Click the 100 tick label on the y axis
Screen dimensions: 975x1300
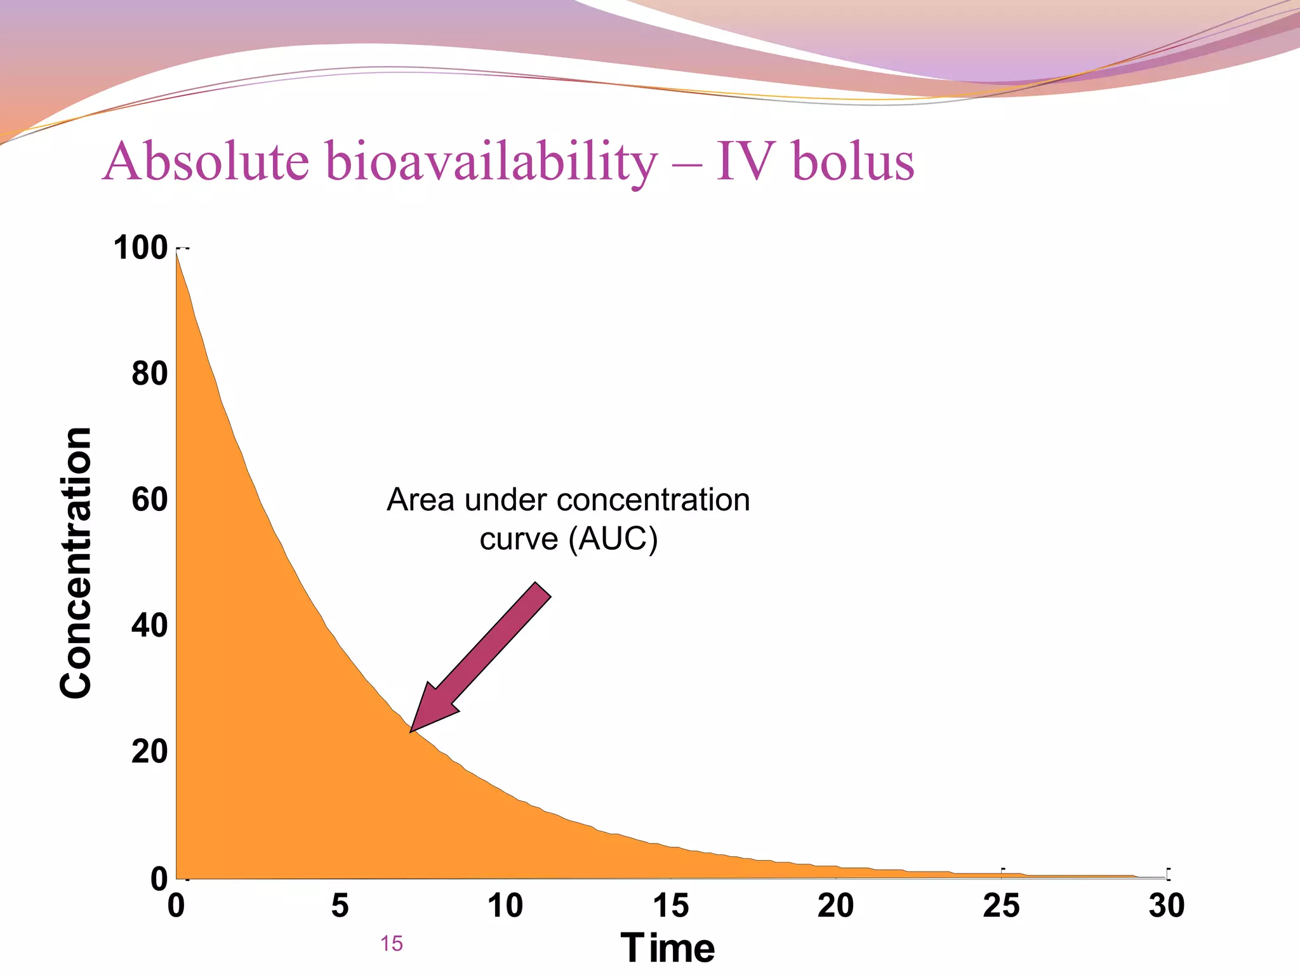point(140,248)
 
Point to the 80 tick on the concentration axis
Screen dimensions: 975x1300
point(150,373)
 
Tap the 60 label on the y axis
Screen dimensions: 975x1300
point(150,500)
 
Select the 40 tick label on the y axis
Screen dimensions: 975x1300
point(150,625)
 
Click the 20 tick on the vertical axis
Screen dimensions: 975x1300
point(150,752)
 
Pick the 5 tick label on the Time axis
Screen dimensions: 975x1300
point(340,905)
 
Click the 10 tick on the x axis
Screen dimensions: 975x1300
point(505,905)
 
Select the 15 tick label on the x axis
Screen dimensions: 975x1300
point(671,905)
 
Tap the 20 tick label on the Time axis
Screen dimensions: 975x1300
point(836,905)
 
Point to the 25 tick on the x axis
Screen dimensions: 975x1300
point(1001,905)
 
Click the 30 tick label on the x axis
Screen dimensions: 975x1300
point(1167,905)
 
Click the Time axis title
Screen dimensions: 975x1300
point(667,948)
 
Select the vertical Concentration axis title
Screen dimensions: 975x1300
point(76,562)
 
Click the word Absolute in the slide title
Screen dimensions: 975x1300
point(206,161)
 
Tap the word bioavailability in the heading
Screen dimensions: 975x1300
point(492,161)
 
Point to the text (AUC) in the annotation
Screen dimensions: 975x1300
point(613,539)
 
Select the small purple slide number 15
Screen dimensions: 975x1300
point(392,944)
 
